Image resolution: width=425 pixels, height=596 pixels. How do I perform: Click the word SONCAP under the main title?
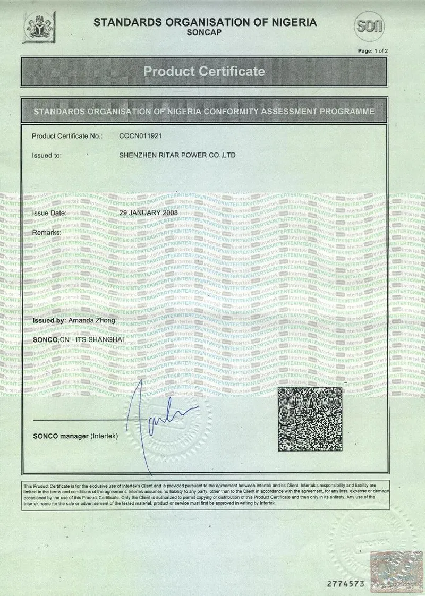[x=205, y=32]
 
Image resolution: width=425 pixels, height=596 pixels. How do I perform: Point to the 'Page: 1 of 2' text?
[x=373, y=50]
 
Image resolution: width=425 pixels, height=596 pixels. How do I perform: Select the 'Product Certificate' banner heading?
[x=205, y=71]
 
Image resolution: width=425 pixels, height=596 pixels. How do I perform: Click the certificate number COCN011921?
[x=140, y=136]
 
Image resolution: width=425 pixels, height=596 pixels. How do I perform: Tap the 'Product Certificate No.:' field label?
[x=67, y=136]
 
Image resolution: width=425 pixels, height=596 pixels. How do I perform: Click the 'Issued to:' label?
[x=47, y=156]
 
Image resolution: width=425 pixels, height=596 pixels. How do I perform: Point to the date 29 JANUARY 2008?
[x=148, y=212]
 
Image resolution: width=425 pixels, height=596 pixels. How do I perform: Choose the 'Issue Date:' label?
[x=49, y=212]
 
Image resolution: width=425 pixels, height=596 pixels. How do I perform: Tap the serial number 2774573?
[x=345, y=583]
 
